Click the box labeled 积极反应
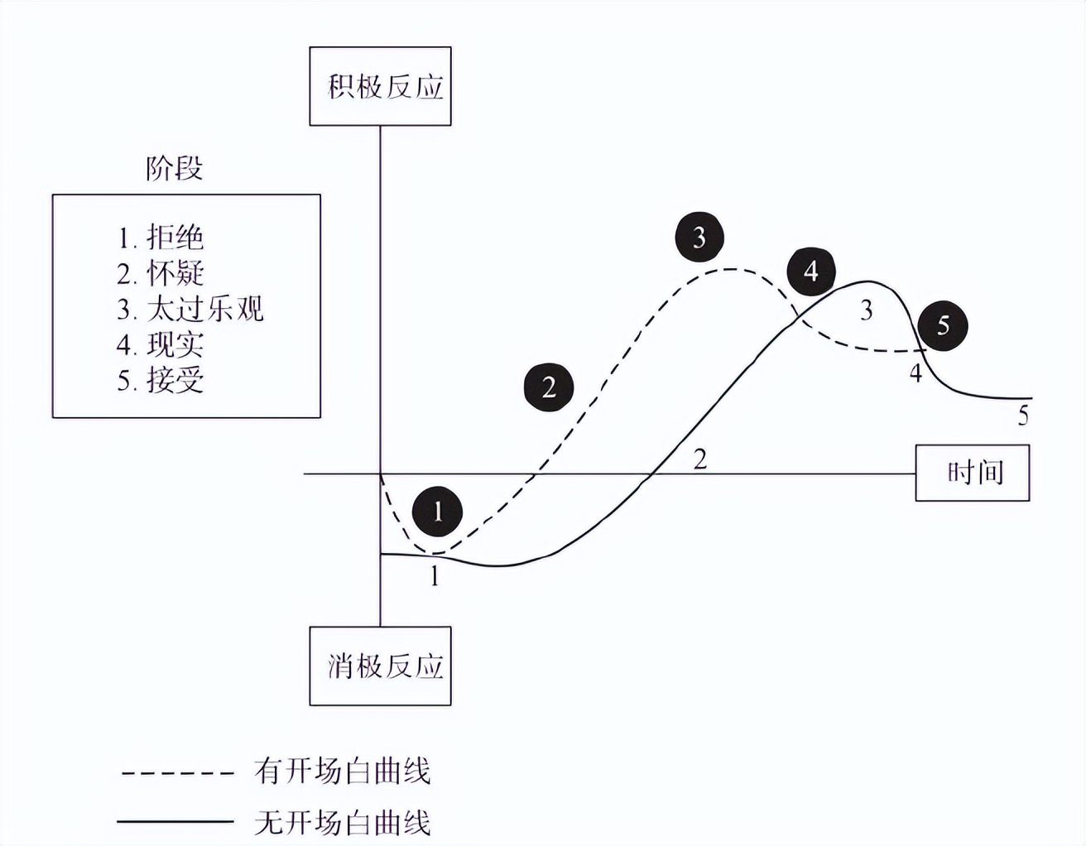coord(380,86)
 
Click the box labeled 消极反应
coord(380,666)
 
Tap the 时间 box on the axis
coord(972,473)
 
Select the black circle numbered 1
coord(438,511)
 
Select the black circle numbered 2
coord(548,386)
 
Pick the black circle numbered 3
coord(699,238)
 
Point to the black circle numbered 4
coord(810,272)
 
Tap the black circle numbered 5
coord(943,325)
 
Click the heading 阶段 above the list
coord(174,168)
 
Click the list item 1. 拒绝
coord(160,238)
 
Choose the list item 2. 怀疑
coord(160,273)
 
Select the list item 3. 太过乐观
coord(190,309)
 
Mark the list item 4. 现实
coord(160,344)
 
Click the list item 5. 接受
coord(160,380)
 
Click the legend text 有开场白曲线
coord(343,771)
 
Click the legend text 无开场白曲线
coord(343,824)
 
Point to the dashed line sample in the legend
coord(177,773)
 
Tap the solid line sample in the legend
coord(175,822)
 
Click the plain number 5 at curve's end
coord(1023,416)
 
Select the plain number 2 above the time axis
coord(699,459)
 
